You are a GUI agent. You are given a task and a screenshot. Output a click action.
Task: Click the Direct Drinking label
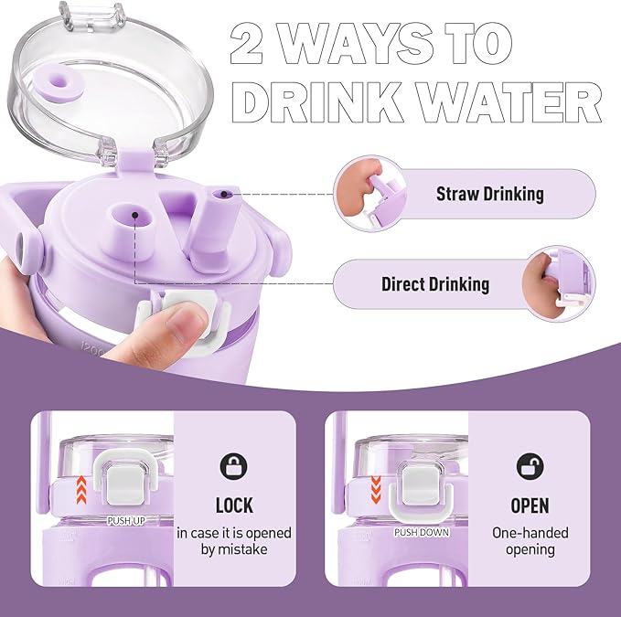pyautogui.click(x=434, y=284)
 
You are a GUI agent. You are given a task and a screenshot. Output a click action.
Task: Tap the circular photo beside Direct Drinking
pyautogui.click(x=557, y=283)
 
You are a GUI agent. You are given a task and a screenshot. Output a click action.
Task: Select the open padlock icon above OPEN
pyautogui.click(x=530, y=465)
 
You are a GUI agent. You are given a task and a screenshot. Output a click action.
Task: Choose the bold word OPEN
pyautogui.click(x=530, y=505)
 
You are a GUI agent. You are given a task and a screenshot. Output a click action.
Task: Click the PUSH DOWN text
pyautogui.click(x=422, y=531)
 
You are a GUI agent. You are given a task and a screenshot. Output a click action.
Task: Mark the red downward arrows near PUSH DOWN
pyautogui.click(x=376, y=485)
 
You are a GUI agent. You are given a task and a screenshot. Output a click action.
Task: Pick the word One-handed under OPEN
pyautogui.click(x=530, y=533)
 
